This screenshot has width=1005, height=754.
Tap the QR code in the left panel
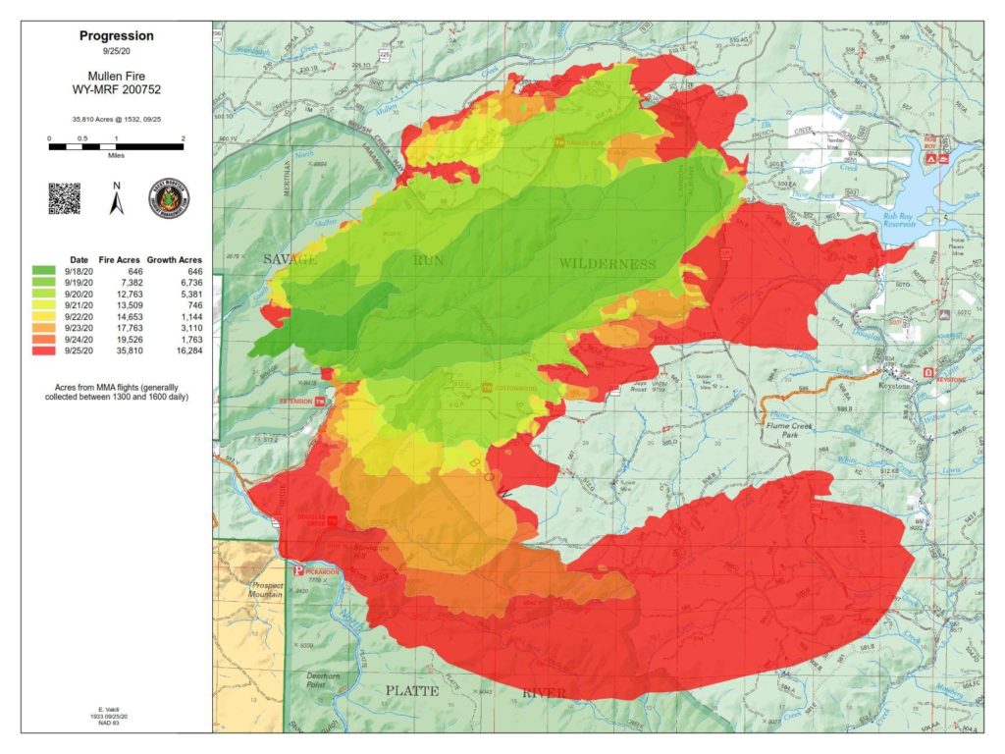click(64, 197)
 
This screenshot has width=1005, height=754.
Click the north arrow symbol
click(115, 199)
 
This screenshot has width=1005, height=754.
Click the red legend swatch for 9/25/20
click(44, 350)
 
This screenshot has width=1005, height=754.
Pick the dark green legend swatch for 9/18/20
click(44, 268)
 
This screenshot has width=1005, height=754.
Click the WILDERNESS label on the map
click(608, 264)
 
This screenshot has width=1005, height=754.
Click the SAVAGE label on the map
click(291, 259)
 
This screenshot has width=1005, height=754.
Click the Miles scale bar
click(116, 146)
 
